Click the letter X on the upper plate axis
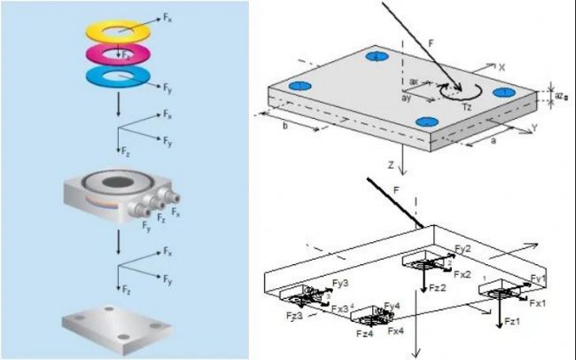[x=502, y=67]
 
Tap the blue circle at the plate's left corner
[x=300, y=85]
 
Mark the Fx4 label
[x=395, y=330]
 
